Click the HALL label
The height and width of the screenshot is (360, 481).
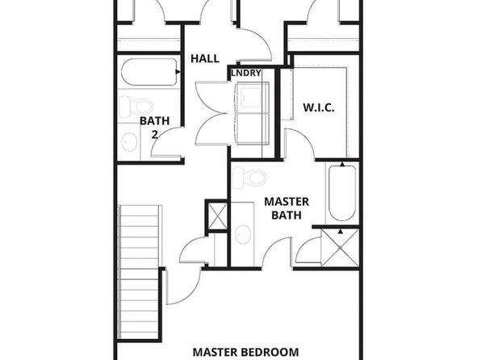(205, 58)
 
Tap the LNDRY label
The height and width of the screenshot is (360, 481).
(246, 73)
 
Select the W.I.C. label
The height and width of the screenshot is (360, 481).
(319, 107)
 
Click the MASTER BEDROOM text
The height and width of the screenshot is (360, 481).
(245, 352)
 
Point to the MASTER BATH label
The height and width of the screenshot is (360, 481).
(287, 208)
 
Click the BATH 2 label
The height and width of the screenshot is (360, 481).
(155, 128)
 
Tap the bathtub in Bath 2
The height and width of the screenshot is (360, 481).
(149, 72)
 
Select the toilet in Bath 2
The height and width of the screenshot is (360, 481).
(136, 107)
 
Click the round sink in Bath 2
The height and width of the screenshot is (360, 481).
(129, 142)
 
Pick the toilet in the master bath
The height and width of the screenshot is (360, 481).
(249, 178)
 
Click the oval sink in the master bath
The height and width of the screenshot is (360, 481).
(243, 234)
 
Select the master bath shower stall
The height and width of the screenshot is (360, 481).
(341, 247)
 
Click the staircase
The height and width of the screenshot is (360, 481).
(140, 273)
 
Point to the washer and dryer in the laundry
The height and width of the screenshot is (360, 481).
(252, 113)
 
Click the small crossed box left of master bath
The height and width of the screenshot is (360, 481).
(217, 216)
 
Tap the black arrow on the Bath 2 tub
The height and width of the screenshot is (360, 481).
(178, 72)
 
